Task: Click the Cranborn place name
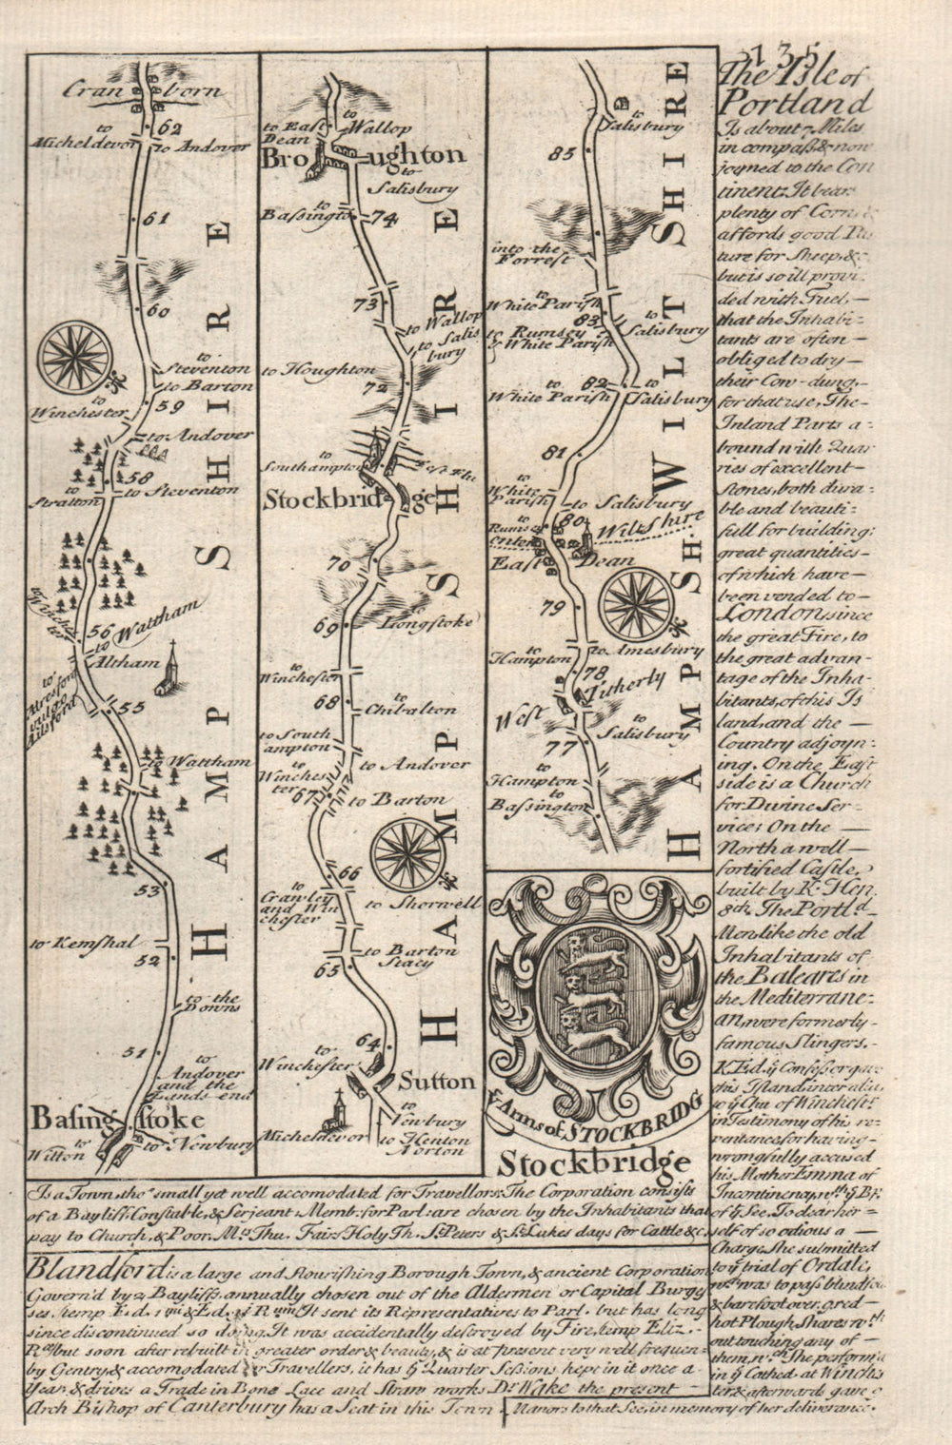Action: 143,92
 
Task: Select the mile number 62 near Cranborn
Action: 171,128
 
